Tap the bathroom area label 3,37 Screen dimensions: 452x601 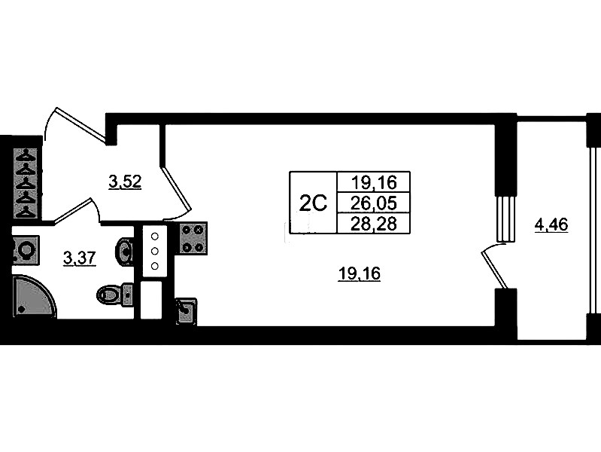click(78, 259)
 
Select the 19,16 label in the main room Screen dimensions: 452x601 click(360, 275)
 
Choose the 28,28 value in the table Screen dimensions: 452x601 click(373, 224)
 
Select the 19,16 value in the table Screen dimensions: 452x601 click(373, 182)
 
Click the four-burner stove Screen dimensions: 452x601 click(193, 238)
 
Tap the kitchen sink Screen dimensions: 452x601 click(185, 310)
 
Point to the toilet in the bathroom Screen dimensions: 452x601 click(114, 294)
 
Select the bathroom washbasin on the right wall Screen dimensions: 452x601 click(126, 250)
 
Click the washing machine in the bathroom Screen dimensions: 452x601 click(25, 249)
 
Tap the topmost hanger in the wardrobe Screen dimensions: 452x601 click(27, 154)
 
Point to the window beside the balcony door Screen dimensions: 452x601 click(505, 218)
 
